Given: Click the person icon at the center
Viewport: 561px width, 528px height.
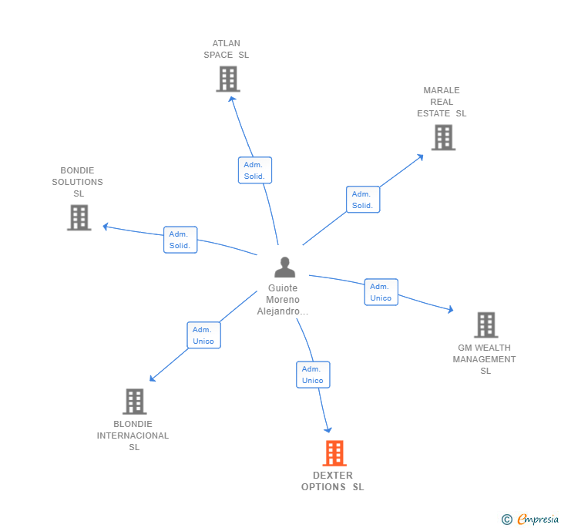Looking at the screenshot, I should [x=285, y=267].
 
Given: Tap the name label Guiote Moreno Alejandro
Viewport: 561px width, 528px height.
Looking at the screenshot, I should [x=282, y=300].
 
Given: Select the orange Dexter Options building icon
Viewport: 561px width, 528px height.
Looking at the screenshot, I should [x=334, y=453].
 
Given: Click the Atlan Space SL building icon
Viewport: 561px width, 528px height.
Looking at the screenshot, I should [x=228, y=79].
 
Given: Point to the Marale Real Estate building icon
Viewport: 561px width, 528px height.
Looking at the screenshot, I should [x=443, y=137].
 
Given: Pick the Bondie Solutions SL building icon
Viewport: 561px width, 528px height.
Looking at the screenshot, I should [x=79, y=217].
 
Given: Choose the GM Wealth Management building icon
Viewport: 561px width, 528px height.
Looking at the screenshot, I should [x=485, y=325].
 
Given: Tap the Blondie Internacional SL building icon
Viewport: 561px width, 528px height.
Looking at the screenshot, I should [x=134, y=401].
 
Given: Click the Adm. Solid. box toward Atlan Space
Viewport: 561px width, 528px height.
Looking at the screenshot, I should [x=254, y=170].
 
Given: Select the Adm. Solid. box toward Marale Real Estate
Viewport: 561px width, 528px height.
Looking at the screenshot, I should [x=362, y=200].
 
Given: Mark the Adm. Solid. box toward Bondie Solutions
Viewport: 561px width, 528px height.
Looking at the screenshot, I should [x=180, y=240].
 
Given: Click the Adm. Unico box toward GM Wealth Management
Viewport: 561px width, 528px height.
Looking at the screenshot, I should [x=381, y=292].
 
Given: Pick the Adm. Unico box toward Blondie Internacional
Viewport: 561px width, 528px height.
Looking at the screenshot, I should [x=203, y=335].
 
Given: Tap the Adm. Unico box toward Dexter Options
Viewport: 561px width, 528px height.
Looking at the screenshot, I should [x=313, y=375].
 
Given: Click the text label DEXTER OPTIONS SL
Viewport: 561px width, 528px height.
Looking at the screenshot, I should [x=333, y=481].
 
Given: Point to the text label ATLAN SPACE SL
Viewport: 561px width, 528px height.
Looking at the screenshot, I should [x=227, y=49].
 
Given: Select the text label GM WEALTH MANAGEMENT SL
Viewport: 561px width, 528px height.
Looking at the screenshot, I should [x=485, y=359].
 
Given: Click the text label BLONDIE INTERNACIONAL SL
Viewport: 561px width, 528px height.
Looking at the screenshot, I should [x=133, y=436].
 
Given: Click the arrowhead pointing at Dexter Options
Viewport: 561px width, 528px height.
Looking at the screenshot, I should [x=329, y=429].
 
